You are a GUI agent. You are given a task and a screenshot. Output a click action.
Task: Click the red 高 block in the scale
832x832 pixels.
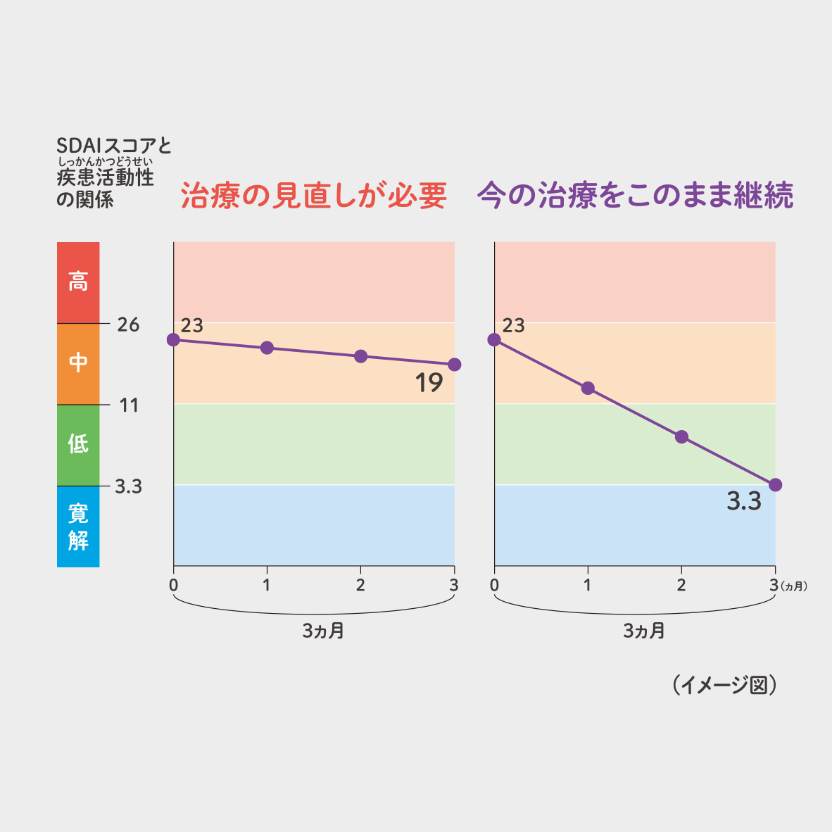coord(78,282)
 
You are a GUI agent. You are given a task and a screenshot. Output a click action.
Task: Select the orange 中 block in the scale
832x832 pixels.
coord(78,363)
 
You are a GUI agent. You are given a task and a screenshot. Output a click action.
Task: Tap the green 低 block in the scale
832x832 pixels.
coord(78,444)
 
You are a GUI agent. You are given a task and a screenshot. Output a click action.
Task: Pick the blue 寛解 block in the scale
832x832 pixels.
coord(78,527)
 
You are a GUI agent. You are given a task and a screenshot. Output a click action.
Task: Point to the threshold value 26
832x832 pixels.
coord(128,324)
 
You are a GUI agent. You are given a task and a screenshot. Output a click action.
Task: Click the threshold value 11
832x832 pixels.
coord(129,405)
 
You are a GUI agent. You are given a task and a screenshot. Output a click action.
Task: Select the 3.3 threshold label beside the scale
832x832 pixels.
coord(128,486)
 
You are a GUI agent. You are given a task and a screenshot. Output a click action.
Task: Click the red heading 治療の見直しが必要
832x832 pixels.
coord(314,196)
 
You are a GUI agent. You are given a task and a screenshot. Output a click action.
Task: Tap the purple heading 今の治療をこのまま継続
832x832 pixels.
coord(636,196)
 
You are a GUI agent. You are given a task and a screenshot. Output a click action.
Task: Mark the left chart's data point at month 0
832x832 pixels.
coord(173,340)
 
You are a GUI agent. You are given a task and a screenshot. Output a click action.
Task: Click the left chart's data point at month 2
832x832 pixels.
coord(360,356)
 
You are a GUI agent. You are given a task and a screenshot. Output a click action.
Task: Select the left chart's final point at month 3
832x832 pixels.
coord(455,365)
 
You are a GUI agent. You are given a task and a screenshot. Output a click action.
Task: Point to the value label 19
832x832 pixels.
coord(429,384)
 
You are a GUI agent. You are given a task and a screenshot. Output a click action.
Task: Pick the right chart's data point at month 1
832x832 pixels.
coord(588,389)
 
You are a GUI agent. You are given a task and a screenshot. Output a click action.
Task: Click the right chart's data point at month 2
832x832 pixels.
coord(681,437)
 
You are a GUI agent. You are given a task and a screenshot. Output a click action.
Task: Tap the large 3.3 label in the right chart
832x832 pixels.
coord(744,502)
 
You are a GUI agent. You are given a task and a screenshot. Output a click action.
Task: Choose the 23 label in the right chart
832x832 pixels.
coord(514,326)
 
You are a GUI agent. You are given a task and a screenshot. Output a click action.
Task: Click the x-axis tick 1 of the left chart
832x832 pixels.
coord(267,585)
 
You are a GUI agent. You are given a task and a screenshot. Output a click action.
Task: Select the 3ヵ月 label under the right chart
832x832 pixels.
coord(644,631)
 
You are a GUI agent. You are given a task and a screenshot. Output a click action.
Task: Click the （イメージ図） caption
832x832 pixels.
coord(724,686)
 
